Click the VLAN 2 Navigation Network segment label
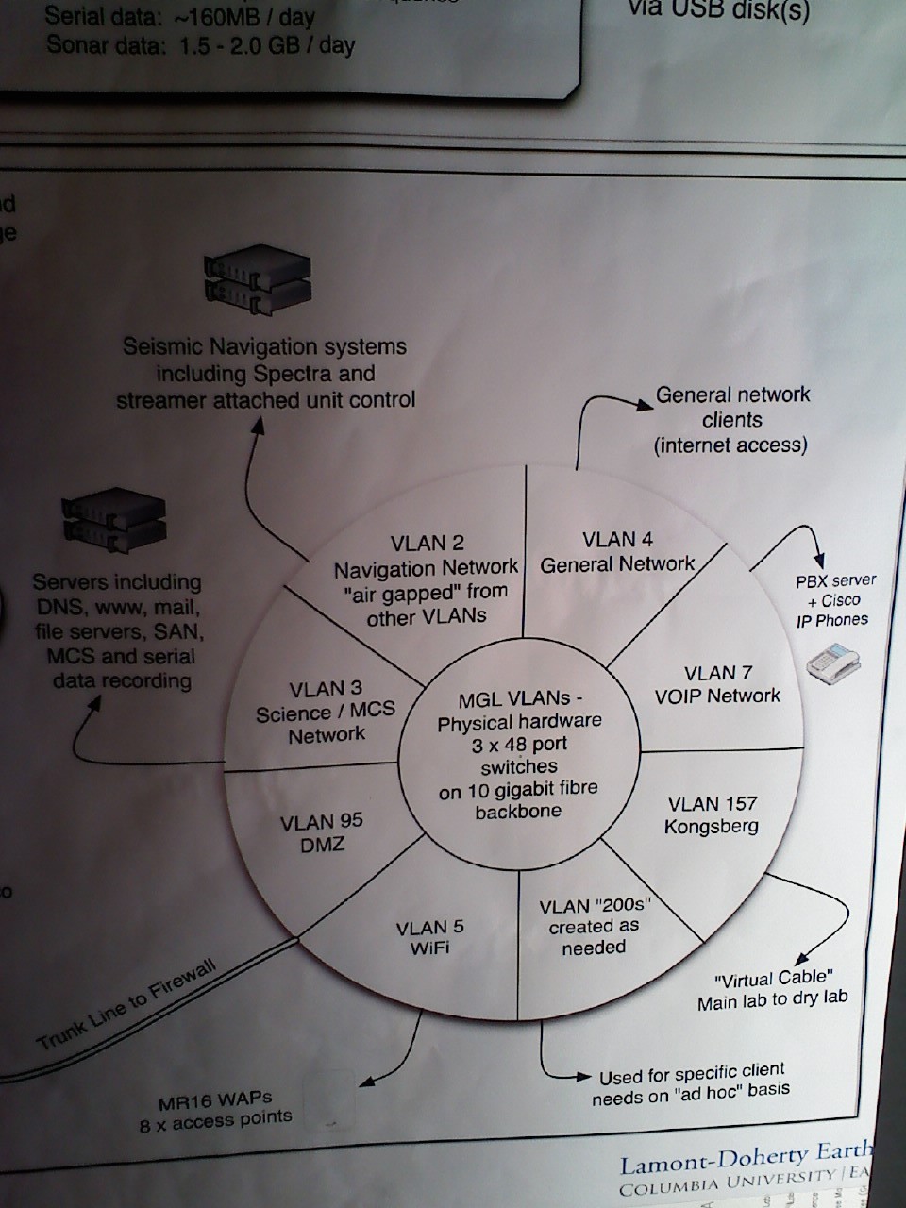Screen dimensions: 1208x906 [x=426, y=579]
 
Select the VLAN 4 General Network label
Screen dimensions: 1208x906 [x=617, y=552]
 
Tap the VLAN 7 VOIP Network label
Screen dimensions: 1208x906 [x=717, y=684]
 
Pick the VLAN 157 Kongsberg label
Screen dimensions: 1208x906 [x=712, y=815]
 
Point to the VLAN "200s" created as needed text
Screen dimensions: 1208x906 [x=595, y=927]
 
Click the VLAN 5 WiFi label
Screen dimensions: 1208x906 [x=429, y=937]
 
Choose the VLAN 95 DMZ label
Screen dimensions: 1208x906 [x=322, y=833]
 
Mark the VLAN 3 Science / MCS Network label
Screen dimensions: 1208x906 [x=326, y=712]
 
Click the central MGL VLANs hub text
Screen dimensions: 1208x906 [x=518, y=755]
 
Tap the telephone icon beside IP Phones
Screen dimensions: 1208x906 [x=833, y=662]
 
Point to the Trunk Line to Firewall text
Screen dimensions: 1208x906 [x=127, y=1004]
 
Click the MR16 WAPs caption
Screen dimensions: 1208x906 [x=216, y=1109]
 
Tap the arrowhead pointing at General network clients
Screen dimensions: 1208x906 [x=645, y=405]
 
